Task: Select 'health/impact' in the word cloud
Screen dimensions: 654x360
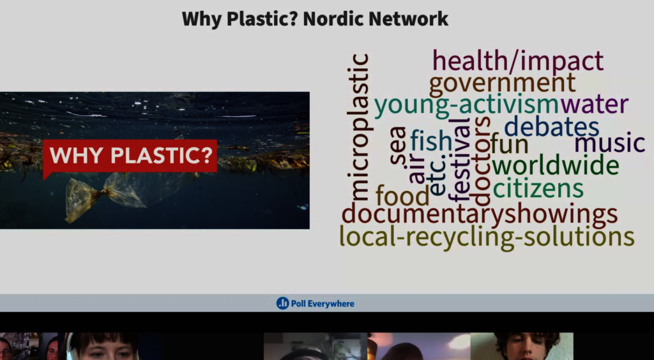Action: (518, 61)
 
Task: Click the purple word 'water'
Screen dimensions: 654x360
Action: (594, 105)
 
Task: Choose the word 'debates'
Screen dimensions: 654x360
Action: (551, 126)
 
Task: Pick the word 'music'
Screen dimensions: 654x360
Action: (610, 143)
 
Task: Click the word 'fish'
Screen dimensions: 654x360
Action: (431, 140)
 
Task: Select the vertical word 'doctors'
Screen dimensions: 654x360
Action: (481, 160)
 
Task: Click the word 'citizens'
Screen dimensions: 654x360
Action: (538, 188)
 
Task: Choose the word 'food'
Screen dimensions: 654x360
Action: (402, 195)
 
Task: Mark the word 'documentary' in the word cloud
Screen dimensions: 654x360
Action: (423, 214)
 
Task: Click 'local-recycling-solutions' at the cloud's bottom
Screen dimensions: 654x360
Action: (487, 237)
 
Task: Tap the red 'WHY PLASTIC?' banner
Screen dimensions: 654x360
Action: (130, 156)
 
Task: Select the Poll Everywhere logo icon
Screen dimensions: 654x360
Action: (282, 303)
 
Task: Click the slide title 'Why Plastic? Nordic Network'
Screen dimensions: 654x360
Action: (315, 19)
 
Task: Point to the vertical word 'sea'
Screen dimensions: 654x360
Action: (399, 146)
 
